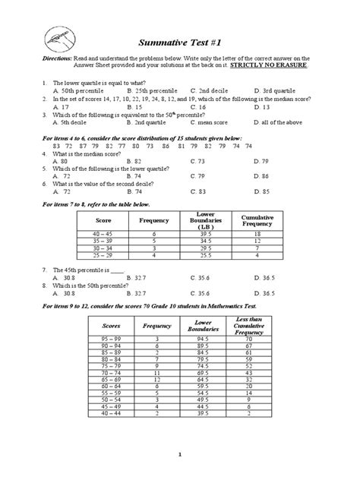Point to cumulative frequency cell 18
tap(257, 235)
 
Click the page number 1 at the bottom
tap(180, 454)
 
